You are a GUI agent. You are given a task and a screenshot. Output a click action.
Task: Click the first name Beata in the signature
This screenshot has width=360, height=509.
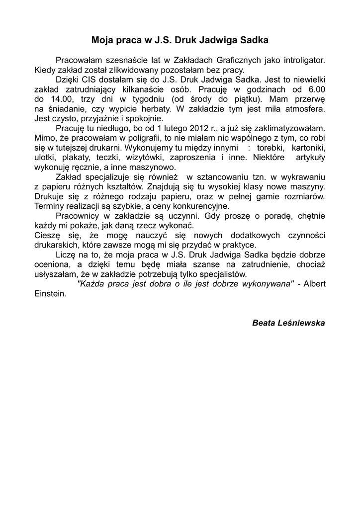point(264,323)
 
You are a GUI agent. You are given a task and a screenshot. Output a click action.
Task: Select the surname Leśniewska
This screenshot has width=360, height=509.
point(302,323)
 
